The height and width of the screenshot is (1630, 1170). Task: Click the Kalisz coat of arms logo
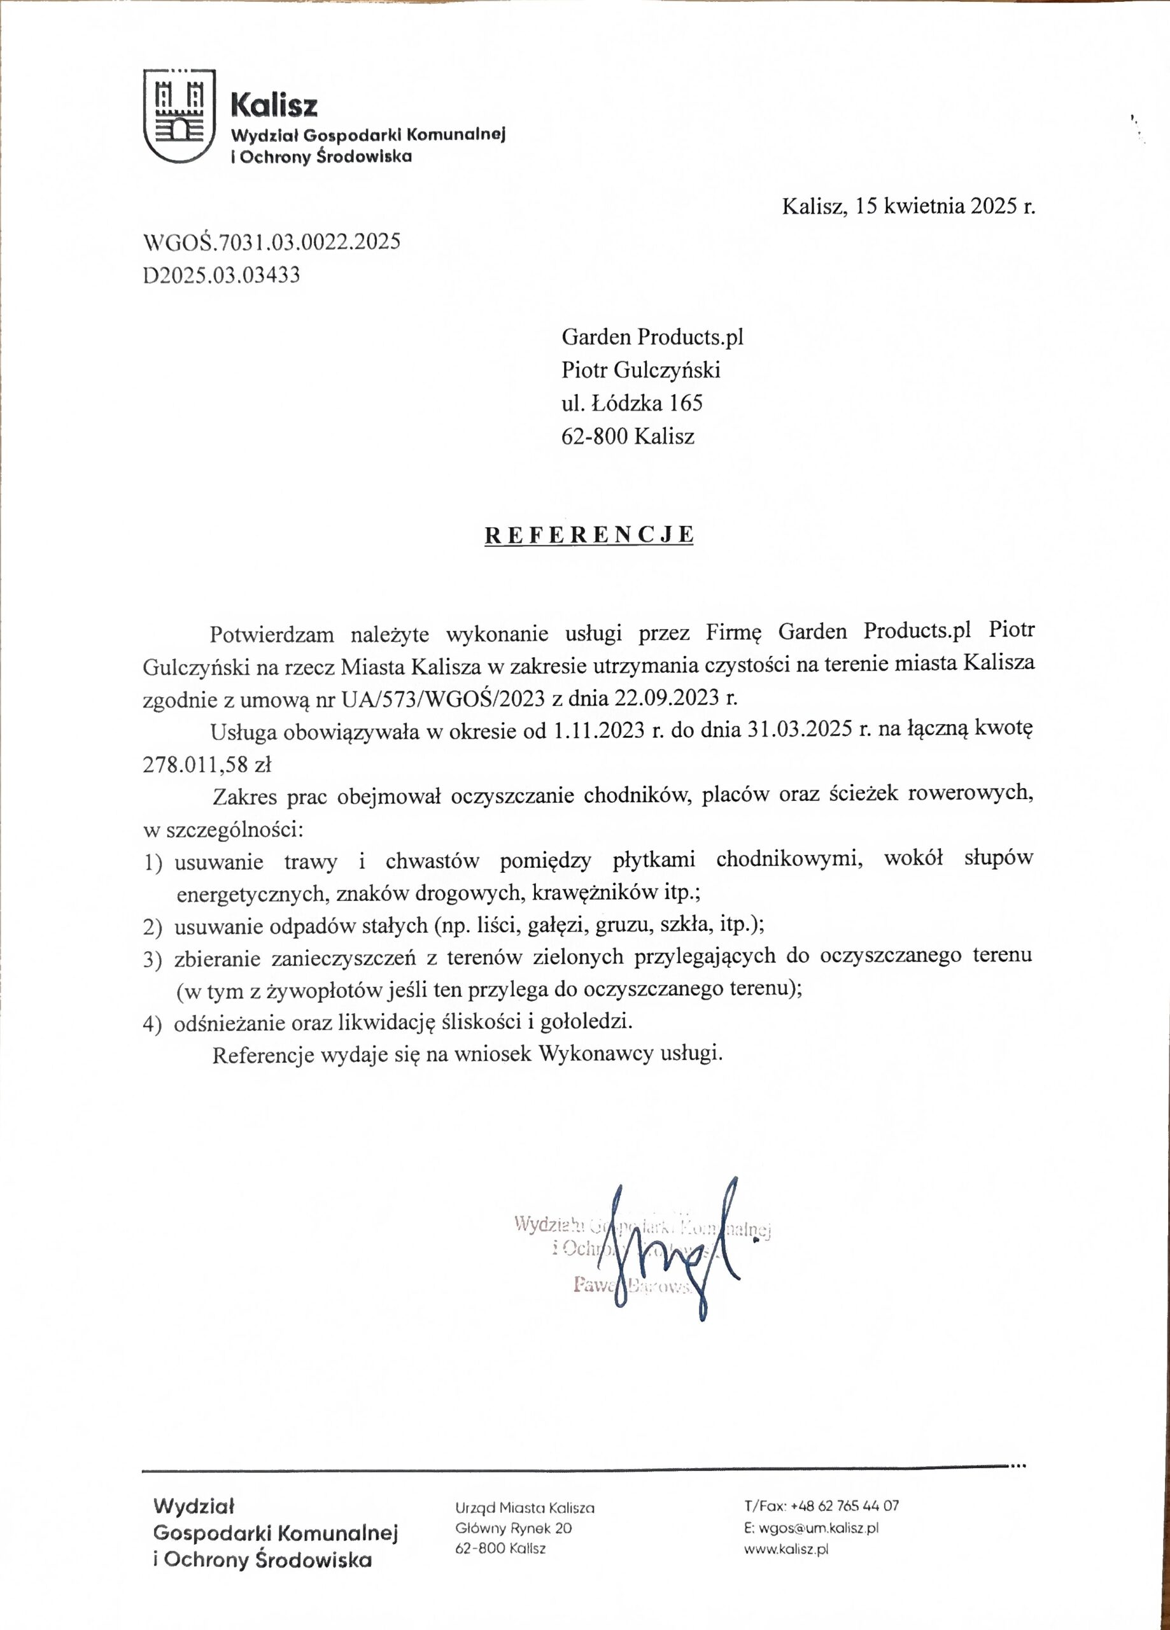coord(180,116)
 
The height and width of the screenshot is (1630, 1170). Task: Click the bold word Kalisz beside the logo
coord(274,106)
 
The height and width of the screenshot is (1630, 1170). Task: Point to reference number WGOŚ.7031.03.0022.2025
coord(272,241)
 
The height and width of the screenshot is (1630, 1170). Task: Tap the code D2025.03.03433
coord(222,274)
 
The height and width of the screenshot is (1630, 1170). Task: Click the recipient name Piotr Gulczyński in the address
coord(640,370)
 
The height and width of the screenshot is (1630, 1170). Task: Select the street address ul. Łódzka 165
coord(631,403)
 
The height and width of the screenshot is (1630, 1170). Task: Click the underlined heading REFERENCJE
coord(589,535)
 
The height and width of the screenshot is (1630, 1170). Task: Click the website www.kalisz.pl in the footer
coord(786,1550)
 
